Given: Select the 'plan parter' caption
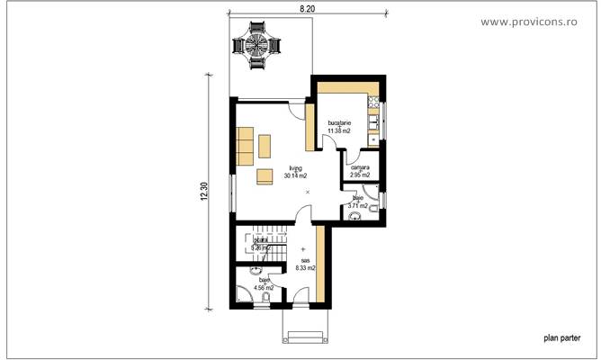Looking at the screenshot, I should pyautogui.click(x=562, y=339).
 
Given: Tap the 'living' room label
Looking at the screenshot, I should pyautogui.click(x=295, y=168).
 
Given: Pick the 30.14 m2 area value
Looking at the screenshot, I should pyautogui.click(x=295, y=176).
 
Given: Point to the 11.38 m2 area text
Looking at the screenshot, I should pyautogui.click(x=340, y=130).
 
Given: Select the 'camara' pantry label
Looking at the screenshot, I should pyautogui.click(x=360, y=167).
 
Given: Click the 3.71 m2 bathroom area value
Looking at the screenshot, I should pyautogui.click(x=357, y=205).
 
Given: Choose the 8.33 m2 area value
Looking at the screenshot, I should pyautogui.click(x=306, y=267).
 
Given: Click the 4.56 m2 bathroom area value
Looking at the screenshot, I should pyautogui.click(x=264, y=288).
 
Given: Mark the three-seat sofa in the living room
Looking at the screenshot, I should pyautogui.click(x=245, y=147).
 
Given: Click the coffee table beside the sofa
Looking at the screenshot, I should pyautogui.click(x=265, y=144).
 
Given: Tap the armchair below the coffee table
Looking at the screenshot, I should pyautogui.click(x=265, y=175).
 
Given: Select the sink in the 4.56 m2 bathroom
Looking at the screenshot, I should pyautogui.click(x=256, y=270).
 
